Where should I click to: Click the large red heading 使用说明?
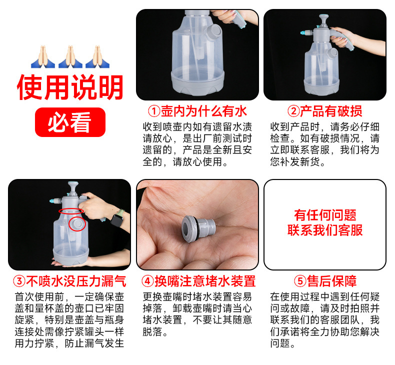[70, 88]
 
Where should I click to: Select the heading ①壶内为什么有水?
[197, 111]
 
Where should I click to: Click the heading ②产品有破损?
[325, 111]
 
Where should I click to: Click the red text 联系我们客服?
[325, 230]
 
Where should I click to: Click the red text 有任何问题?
[325, 215]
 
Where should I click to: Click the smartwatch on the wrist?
[116, 219]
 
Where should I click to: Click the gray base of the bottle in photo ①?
[197, 82]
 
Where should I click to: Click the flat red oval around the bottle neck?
[70, 211]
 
